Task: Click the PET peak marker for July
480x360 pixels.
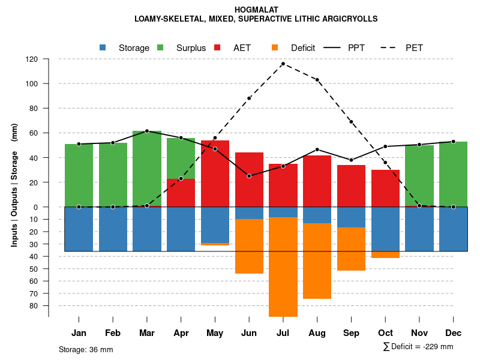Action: pyautogui.click(x=283, y=64)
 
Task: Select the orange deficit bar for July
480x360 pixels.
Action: pyautogui.click(x=283, y=267)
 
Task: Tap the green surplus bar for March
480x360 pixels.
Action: pyautogui.click(x=147, y=169)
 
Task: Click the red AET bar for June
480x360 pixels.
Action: pyautogui.click(x=249, y=179)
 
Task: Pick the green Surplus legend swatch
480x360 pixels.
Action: pyautogui.click(x=161, y=48)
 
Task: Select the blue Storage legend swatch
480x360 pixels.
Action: pyautogui.click(x=103, y=48)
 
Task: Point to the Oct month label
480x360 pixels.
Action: pyautogui.click(x=385, y=333)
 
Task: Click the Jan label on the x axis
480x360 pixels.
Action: pyautogui.click(x=79, y=333)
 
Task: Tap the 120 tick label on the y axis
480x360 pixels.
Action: pyautogui.click(x=32, y=59)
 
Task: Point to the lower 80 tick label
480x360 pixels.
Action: pyautogui.click(x=34, y=306)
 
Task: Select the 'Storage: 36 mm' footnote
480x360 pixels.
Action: pyautogui.click(x=86, y=349)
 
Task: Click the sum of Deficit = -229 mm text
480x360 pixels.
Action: pyautogui.click(x=418, y=347)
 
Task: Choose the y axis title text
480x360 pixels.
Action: pyautogui.click(x=14, y=185)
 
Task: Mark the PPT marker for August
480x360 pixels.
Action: pyautogui.click(x=317, y=149)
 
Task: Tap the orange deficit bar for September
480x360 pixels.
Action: pyautogui.click(x=351, y=249)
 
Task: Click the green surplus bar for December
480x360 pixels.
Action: pyautogui.click(x=453, y=174)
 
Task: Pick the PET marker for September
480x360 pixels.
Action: pyautogui.click(x=351, y=122)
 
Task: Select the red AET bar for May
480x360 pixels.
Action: pyautogui.click(x=215, y=173)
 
